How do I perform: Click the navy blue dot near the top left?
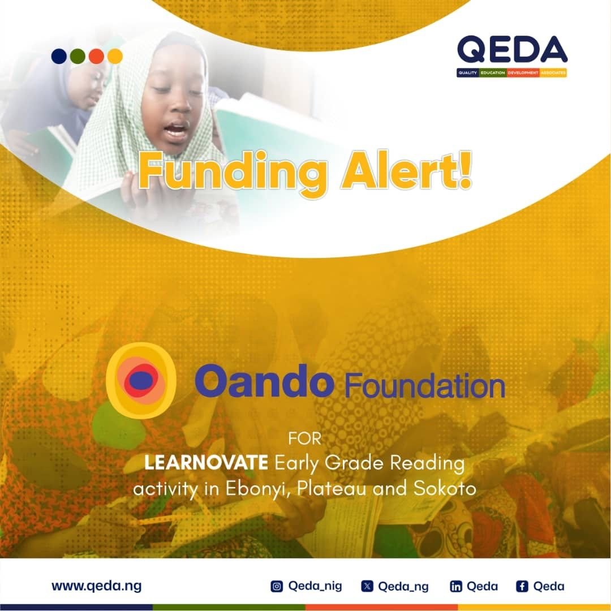pyautogui.click(x=59, y=56)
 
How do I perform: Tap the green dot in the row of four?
pyautogui.click(x=78, y=56)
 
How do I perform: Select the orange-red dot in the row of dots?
pyautogui.click(x=96, y=56)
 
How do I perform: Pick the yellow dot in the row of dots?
pyautogui.click(x=115, y=56)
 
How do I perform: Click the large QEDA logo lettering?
pyautogui.click(x=512, y=49)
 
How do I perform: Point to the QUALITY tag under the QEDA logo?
pyautogui.click(x=468, y=73)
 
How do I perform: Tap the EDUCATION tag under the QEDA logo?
pyautogui.click(x=493, y=73)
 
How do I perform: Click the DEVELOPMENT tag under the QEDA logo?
pyautogui.click(x=523, y=73)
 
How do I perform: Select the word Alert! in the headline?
pyautogui.click(x=406, y=170)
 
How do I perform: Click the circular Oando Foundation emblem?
pyautogui.click(x=141, y=380)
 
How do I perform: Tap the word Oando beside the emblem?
pyautogui.click(x=264, y=380)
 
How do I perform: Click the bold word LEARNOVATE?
pyautogui.click(x=206, y=463)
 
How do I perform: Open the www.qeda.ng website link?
pyautogui.click(x=97, y=586)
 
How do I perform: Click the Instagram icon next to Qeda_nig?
pyautogui.click(x=277, y=586)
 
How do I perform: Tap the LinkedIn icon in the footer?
pyautogui.click(x=456, y=586)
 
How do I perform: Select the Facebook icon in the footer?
pyautogui.click(x=522, y=586)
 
